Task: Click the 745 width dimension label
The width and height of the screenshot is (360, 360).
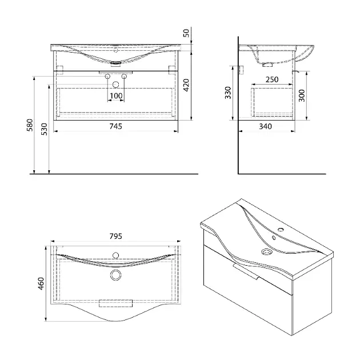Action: (115, 126)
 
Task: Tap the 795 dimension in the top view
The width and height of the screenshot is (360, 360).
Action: (115, 236)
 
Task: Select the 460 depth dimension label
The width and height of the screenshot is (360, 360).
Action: (41, 283)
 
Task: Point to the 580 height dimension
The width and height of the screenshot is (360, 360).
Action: (30, 125)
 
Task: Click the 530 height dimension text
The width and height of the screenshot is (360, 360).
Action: (44, 129)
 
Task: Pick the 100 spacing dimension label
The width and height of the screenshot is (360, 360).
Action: (116, 95)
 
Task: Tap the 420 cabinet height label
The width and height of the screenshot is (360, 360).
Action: (186, 85)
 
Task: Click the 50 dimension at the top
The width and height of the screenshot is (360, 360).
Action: (186, 33)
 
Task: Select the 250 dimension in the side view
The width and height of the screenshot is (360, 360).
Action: (272, 79)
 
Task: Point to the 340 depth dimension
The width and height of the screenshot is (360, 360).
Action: (265, 126)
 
